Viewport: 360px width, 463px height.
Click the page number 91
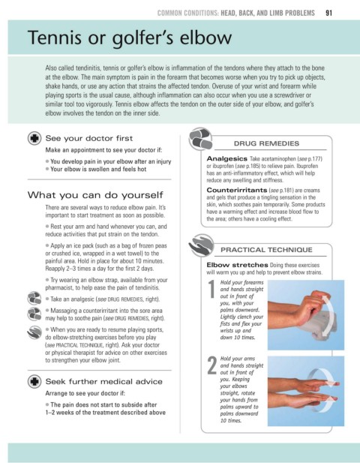328,13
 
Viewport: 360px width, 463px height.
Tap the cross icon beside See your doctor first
34,138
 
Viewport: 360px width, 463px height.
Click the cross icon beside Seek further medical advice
34,381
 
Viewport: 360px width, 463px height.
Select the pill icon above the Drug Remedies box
201,139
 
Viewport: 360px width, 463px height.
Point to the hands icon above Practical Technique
201,245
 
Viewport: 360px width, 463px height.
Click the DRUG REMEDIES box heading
266,143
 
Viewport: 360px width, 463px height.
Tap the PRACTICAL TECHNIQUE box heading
266,250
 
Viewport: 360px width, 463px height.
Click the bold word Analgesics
226,158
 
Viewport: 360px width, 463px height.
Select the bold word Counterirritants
237,190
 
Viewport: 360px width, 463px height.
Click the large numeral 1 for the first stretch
211,289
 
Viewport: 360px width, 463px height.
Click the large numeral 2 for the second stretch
211,365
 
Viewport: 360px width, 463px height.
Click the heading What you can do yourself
95,195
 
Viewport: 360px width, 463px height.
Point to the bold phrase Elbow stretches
237,265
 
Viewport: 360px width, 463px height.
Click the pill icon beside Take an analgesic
34,298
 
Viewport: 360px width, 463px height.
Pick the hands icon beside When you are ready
34,332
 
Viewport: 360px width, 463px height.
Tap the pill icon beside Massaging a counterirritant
34,314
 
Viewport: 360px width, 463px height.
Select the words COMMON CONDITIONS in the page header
187,13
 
